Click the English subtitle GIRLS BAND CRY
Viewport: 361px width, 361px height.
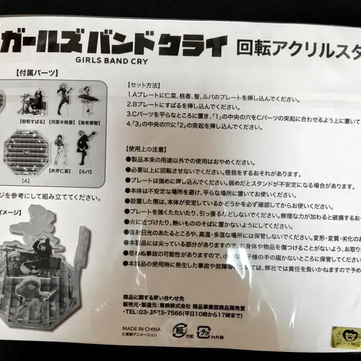(x=116, y=60)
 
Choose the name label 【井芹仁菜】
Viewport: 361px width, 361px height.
(x=60, y=172)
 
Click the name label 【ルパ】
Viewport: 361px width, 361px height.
(x=85, y=172)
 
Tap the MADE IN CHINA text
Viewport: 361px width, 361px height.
(x=141, y=329)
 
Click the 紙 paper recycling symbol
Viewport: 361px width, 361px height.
(x=180, y=331)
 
